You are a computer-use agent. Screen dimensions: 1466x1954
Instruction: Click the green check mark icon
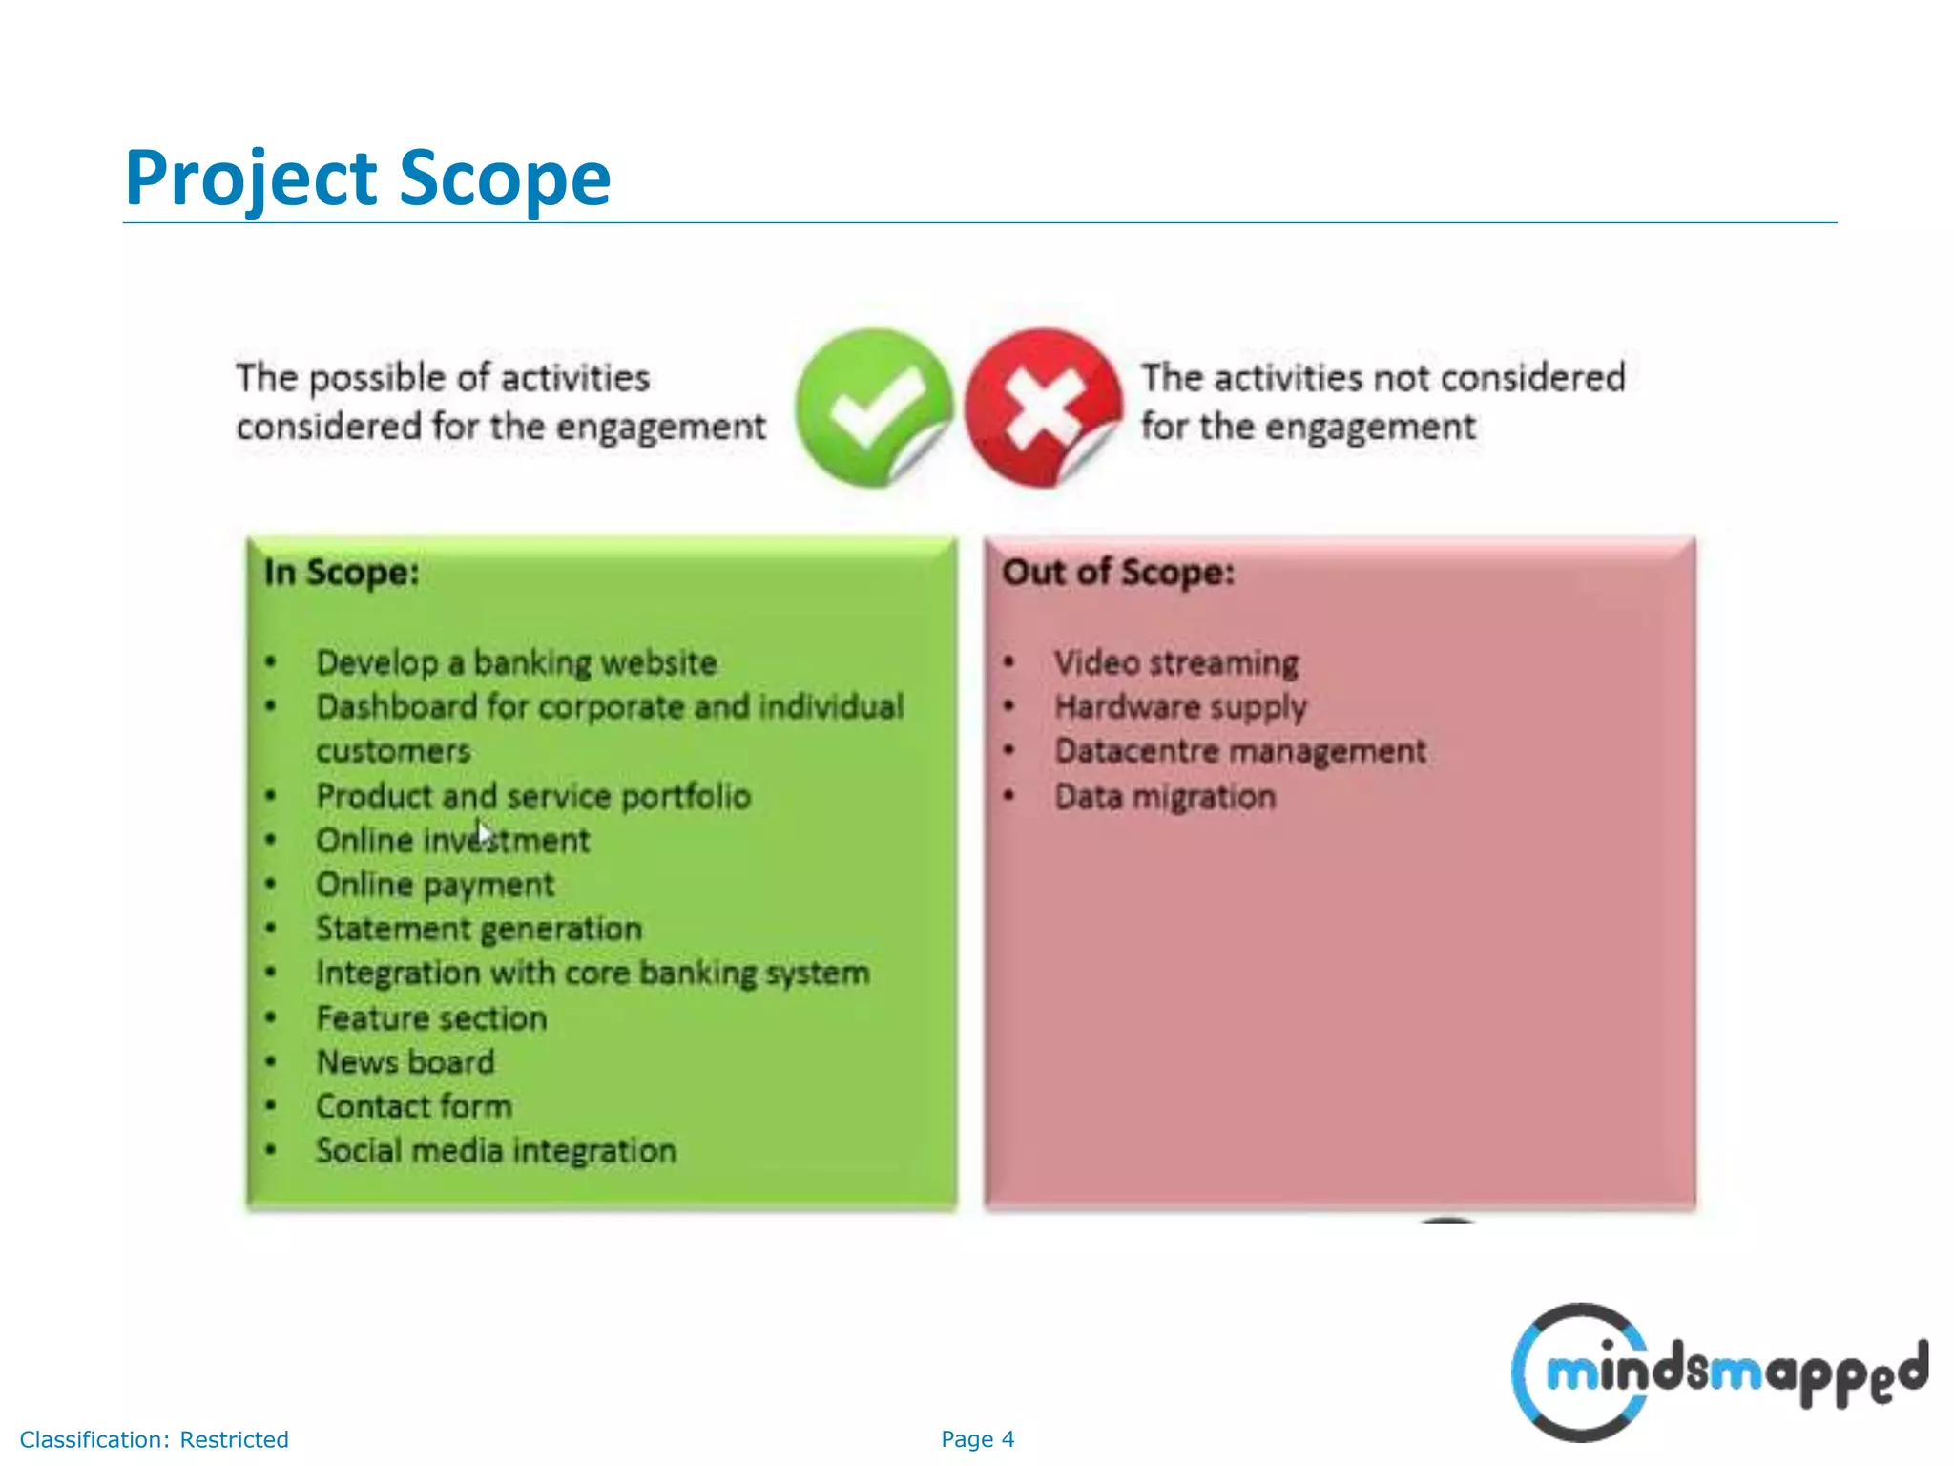[873, 408]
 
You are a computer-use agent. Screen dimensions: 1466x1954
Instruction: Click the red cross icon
[1042, 408]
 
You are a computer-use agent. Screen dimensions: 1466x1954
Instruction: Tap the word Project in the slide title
[251, 178]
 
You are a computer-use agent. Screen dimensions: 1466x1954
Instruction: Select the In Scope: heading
[342, 573]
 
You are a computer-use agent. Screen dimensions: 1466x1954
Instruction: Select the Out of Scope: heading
[1117, 573]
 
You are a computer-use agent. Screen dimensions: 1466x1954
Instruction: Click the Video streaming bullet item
[1175, 662]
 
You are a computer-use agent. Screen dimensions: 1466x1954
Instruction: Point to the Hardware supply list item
[1180, 707]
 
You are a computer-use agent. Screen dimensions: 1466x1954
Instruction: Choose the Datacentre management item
[1239, 751]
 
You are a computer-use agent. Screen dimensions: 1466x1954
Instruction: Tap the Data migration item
[1164, 796]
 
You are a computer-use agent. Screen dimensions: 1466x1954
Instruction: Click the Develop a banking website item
[516, 662]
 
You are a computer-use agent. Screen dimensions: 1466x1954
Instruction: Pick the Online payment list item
[435, 885]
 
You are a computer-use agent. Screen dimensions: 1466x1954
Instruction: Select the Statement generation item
[479, 929]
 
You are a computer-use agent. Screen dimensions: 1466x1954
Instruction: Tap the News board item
[405, 1062]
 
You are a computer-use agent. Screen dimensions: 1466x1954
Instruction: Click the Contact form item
[414, 1106]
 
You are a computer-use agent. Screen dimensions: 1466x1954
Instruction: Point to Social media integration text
[496, 1151]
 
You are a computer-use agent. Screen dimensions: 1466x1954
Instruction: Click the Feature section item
[431, 1018]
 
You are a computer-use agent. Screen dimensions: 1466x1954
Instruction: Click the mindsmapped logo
[1717, 1372]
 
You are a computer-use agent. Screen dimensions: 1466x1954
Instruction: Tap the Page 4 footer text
[977, 1439]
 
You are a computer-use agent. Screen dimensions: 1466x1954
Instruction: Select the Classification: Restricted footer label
[154, 1439]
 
